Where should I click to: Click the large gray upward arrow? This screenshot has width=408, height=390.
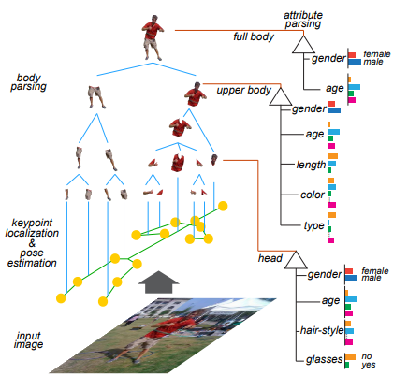pos(158,282)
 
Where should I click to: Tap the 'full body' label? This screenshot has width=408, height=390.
pos(254,36)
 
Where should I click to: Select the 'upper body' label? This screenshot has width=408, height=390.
pos(244,90)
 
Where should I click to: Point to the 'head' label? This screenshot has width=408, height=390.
pos(270,258)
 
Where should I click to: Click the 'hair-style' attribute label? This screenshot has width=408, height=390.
pos(322,330)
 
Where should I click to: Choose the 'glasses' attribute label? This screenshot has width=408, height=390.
pos(325,359)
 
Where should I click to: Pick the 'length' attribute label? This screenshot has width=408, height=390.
pos(311,165)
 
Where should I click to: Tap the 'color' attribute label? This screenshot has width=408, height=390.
pos(313,195)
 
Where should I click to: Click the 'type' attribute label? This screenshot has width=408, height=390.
pos(313,225)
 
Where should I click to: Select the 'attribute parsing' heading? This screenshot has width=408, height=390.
pos(302,20)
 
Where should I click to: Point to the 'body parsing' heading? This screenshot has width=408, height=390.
pos(28,82)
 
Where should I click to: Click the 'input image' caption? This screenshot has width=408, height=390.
pos(28,340)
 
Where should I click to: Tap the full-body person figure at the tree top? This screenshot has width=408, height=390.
pos(153,37)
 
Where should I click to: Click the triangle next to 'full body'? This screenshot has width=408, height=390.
pos(303,44)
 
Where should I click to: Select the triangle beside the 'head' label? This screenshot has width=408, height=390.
pos(296,260)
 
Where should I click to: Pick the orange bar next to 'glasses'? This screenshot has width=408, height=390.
pos(350,357)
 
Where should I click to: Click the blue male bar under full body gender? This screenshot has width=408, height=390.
pos(355,62)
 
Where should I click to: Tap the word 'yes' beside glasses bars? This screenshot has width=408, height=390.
pos(369,365)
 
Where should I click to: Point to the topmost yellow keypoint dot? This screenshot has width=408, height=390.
pos(223,206)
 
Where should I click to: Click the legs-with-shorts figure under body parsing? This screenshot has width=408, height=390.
pos(96,97)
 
